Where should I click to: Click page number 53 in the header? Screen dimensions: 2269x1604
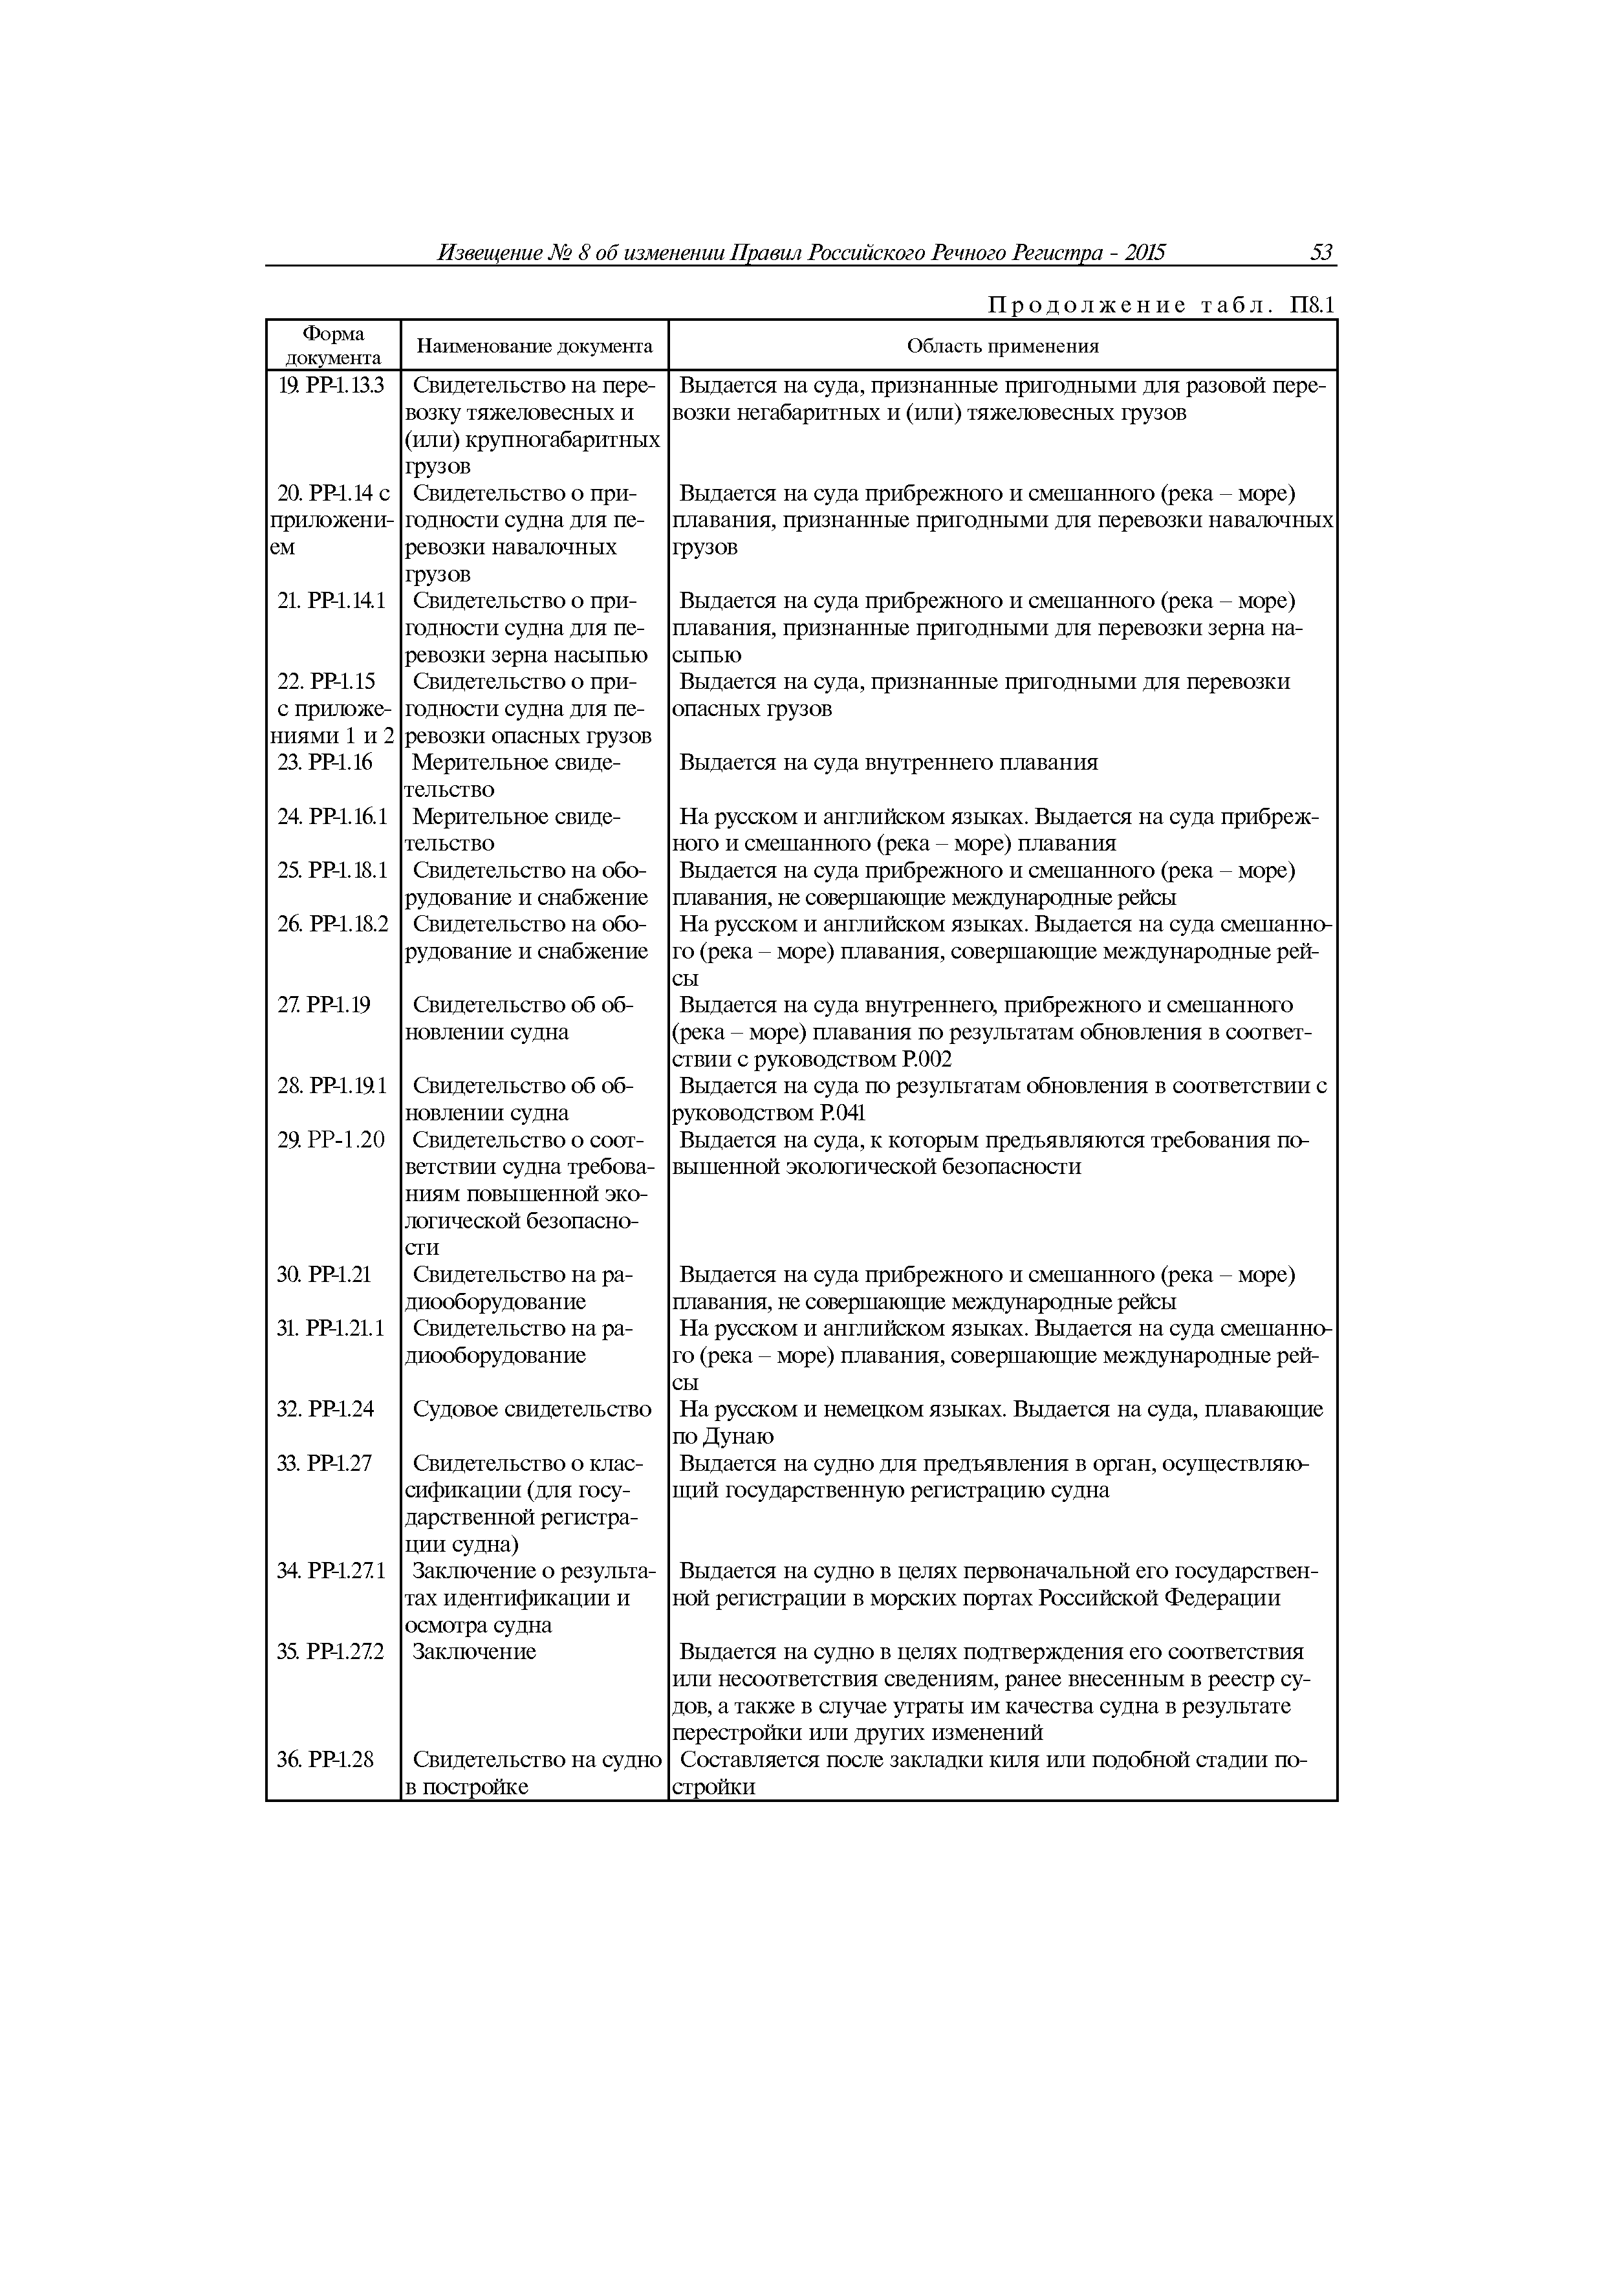[x=1321, y=253]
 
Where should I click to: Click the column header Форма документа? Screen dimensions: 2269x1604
[x=333, y=346]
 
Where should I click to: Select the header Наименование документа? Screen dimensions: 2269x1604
[x=535, y=346]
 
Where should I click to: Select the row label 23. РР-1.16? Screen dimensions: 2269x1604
[x=325, y=762]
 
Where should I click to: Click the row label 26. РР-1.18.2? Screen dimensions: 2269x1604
[x=333, y=924]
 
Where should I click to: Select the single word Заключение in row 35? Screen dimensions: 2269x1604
[x=473, y=1651]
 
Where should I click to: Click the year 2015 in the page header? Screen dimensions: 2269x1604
[x=1144, y=253]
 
